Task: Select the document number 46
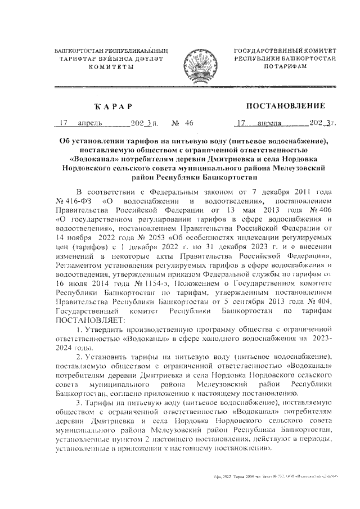[188, 123]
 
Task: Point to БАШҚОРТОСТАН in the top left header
[75, 51]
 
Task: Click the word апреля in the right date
[270, 123]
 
